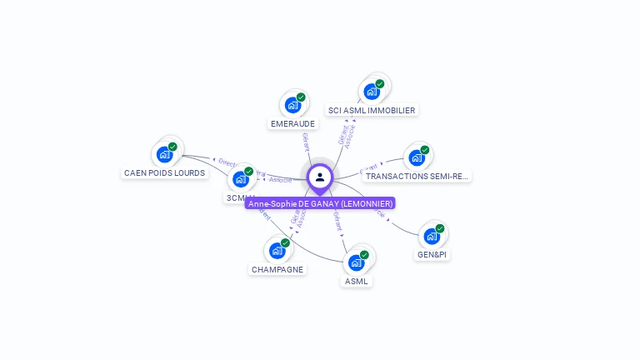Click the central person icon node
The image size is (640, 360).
point(320,177)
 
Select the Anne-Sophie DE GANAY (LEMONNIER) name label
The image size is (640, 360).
point(320,203)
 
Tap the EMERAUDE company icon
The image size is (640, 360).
point(292,105)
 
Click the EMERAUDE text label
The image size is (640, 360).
point(292,124)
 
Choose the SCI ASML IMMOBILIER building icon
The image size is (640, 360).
point(372,92)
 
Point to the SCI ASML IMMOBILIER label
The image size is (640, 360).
point(372,110)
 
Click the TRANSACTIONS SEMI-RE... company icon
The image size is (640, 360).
point(417,157)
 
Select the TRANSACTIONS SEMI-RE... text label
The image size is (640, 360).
point(417,177)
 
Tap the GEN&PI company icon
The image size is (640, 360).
point(432,236)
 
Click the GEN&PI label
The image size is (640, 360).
point(432,255)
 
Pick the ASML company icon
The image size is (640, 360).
point(356,262)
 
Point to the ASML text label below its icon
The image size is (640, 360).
point(356,282)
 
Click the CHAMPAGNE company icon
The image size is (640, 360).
point(277,251)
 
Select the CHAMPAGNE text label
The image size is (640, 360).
point(277,270)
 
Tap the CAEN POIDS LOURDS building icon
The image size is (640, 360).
point(164,155)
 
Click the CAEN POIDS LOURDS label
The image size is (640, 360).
point(164,173)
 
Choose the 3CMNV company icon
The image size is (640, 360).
point(240,179)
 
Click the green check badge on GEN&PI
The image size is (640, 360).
point(440,228)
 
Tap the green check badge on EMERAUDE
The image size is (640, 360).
point(301,97)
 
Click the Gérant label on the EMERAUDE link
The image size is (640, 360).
point(306,142)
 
